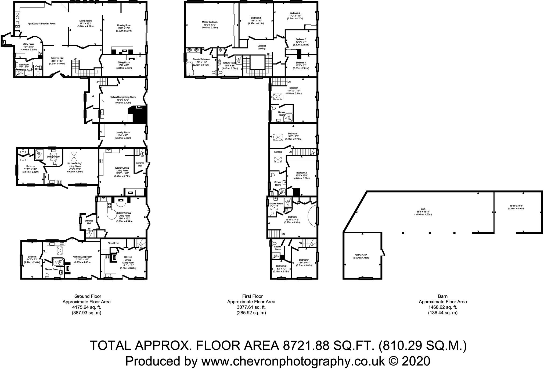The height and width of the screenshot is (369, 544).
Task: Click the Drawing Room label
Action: [x=124, y=26]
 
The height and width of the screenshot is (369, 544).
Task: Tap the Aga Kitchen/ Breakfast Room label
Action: [x=42, y=24]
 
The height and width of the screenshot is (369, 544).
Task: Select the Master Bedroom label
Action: [x=210, y=22]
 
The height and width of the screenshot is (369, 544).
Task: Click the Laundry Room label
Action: [x=123, y=132]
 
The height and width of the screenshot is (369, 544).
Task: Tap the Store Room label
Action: [x=113, y=243]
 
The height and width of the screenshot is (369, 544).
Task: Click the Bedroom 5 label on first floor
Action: [x=256, y=18]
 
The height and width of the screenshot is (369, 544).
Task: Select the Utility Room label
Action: [x=28, y=44]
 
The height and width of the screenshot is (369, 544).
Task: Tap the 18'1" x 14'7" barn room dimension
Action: [x=360, y=255]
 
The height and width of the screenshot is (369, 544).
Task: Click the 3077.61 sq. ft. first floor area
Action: [x=251, y=307]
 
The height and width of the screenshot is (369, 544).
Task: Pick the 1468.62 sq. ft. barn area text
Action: [x=442, y=307]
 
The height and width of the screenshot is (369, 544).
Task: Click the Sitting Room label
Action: [x=124, y=62]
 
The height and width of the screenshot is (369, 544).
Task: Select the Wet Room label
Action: [x=24, y=65]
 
